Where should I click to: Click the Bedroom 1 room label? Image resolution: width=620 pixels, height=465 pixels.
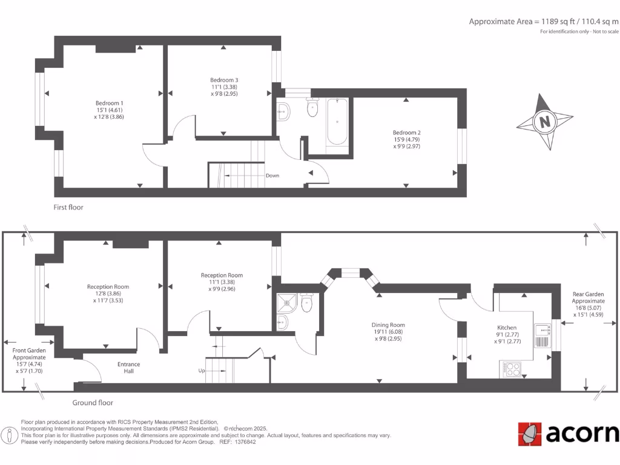(109, 103)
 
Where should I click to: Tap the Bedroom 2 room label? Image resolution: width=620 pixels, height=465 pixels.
(406, 133)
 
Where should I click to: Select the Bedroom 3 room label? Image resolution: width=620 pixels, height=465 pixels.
(224, 80)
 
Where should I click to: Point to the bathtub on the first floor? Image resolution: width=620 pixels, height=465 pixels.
(337, 122)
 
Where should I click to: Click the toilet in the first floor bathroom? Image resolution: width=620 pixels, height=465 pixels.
(313, 108)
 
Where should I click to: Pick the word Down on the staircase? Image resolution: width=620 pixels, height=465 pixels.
(272, 176)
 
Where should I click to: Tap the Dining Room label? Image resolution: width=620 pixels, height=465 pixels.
(388, 325)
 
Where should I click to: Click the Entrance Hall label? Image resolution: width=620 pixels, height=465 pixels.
(128, 368)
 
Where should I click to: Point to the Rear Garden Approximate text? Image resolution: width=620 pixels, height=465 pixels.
(588, 297)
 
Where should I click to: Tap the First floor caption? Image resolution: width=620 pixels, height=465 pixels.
(68, 207)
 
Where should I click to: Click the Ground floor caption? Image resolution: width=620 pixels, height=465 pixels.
(93, 403)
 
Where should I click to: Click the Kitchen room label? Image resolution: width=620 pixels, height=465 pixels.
(507, 328)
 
